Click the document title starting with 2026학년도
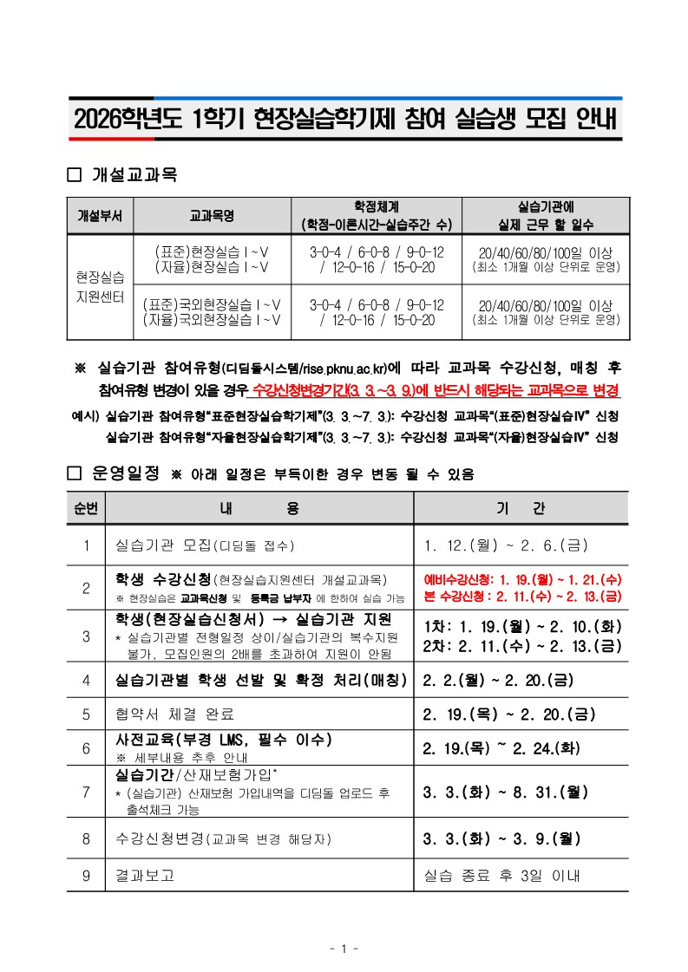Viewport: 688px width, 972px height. [x=344, y=120]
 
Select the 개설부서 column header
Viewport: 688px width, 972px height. [x=100, y=215]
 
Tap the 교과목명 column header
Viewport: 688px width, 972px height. [x=212, y=215]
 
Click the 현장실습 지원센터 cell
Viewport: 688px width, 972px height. [x=100, y=286]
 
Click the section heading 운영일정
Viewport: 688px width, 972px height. [x=126, y=473]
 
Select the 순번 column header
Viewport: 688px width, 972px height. [x=86, y=508]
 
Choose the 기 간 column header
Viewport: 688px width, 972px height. [x=521, y=508]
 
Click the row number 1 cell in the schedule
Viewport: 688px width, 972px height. [x=86, y=545]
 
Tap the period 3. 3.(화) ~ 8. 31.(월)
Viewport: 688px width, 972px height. [x=506, y=792]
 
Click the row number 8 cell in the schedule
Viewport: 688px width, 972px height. [x=86, y=838]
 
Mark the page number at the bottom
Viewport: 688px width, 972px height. [x=344, y=949]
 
